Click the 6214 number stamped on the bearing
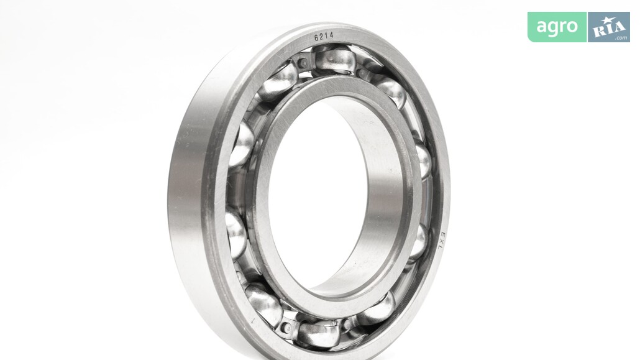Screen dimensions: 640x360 [324, 37]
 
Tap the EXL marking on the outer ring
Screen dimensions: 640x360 [444, 241]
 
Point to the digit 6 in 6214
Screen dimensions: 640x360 [316, 38]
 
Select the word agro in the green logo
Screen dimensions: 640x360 [557, 27]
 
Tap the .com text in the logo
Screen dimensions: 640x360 [621, 38]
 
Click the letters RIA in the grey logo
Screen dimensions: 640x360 [610, 29]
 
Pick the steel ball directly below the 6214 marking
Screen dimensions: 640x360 [332, 58]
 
